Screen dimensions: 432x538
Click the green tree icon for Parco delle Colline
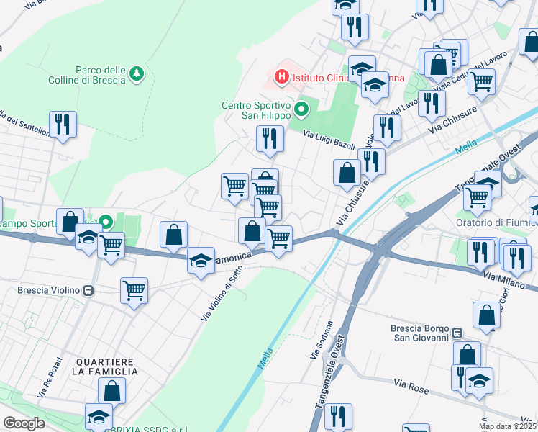click(136, 73)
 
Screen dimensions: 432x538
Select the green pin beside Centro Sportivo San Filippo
click(302, 110)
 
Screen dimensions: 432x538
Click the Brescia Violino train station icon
click(88, 292)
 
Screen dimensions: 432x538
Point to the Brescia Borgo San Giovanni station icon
click(456, 335)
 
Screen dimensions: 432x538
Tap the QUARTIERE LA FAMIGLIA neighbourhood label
click(104, 366)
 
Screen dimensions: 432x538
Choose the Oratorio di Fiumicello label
click(496, 221)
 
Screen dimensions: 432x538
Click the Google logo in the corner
click(24, 423)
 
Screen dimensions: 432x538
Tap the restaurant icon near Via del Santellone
click(63, 125)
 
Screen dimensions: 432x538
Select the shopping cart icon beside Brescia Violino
click(134, 292)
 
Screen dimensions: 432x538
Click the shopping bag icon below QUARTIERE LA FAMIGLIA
click(112, 391)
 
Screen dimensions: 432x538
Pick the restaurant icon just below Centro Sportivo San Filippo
click(270, 138)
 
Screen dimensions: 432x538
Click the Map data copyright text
click(508, 426)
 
